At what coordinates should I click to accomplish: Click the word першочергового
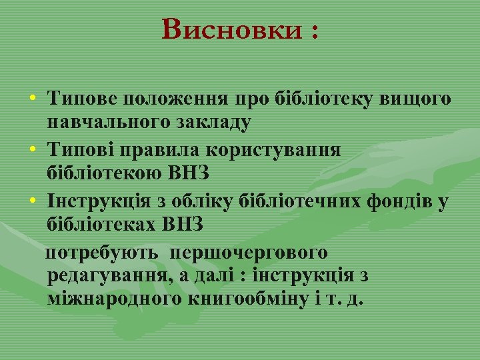pyautogui.click(x=248, y=253)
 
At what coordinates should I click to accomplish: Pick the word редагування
pyautogui.click(x=102, y=275)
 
